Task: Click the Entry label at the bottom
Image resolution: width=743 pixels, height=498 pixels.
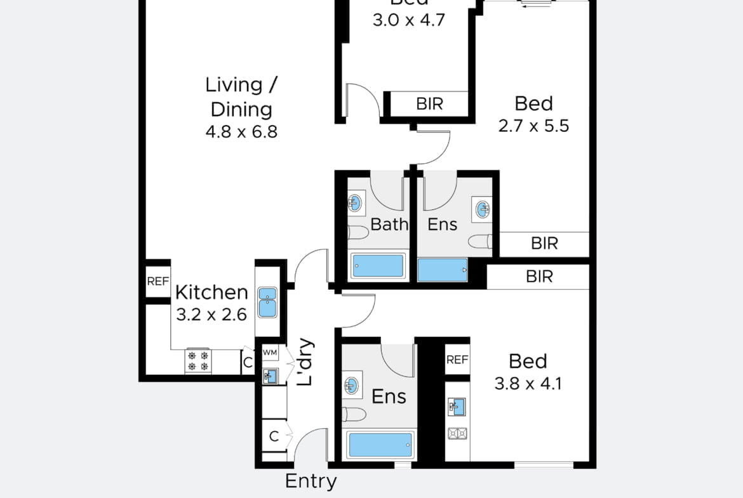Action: pos(311,481)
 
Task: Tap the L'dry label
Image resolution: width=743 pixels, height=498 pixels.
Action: pos(305,364)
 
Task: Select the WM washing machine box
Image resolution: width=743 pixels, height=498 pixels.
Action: pos(270,352)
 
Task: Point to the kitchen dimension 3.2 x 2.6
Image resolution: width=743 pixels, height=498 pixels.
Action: pos(211,315)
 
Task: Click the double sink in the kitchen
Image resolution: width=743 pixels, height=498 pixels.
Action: pos(267,303)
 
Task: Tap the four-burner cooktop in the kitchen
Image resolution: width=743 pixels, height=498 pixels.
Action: pos(198,361)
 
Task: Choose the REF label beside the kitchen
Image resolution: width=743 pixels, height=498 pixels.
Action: pos(157,282)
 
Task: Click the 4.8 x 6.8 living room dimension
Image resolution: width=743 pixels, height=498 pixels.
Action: pos(241,133)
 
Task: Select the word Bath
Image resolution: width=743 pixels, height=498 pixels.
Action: pos(389,224)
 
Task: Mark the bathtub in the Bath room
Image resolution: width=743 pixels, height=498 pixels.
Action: pos(378,266)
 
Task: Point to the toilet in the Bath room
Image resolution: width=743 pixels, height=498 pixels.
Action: pos(359,233)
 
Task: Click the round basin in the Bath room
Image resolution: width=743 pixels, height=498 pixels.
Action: pos(356,204)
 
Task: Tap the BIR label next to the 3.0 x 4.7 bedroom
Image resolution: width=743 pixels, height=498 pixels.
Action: pos(429,103)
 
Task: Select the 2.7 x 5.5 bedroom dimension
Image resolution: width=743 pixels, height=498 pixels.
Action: pos(533,126)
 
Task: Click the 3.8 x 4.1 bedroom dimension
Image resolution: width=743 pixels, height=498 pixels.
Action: pos(528,384)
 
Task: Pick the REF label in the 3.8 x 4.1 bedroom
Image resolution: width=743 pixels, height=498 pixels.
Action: pos(457,360)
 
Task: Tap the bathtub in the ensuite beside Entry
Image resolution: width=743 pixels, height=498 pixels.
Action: pos(380,445)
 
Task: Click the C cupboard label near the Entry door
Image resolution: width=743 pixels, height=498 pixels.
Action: pos(274,436)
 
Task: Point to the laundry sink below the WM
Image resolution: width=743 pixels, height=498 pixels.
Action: pos(269,376)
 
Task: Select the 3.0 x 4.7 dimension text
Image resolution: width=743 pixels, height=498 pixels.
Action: pos(408,20)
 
